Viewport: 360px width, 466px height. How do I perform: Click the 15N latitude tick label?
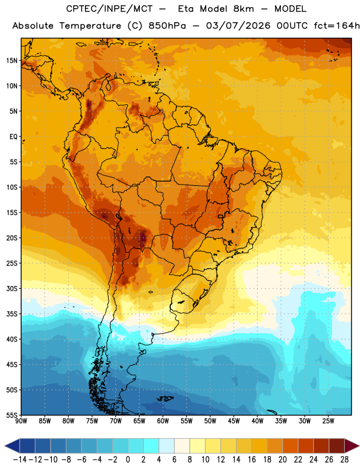(12, 61)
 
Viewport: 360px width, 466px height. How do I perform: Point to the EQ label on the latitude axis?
(13, 137)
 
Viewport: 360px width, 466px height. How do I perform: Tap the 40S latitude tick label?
(12, 339)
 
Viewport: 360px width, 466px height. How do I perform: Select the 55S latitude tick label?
(12, 415)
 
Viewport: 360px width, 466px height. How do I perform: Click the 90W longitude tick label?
(21, 421)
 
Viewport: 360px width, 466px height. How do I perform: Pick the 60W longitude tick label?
(163, 421)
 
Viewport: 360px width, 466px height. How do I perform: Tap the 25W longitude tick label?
(328, 421)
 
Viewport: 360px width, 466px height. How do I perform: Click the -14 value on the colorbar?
(20, 460)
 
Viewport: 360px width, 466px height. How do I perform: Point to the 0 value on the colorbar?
(128, 460)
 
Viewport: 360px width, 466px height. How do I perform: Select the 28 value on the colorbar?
(344, 460)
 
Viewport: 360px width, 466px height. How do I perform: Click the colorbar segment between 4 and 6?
(167, 446)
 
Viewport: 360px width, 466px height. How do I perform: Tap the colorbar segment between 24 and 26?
(321, 446)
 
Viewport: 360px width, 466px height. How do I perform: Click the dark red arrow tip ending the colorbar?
(352, 446)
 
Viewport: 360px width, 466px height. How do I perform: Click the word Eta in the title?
(186, 9)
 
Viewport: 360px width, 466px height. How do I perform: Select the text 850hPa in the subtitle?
(167, 26)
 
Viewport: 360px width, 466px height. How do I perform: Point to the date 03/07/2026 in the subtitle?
(238, 26)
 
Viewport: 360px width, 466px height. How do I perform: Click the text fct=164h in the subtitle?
(337, 26)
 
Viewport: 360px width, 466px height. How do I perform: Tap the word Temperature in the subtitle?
(90, 26)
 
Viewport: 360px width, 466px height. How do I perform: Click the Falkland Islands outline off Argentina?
(165, 398)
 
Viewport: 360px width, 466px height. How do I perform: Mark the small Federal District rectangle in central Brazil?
(221, 216)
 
